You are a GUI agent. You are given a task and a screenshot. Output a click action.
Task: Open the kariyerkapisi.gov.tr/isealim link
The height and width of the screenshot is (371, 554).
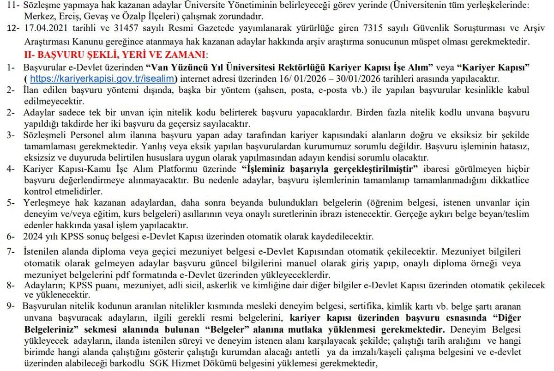pyautogui.click(x=104, y=78)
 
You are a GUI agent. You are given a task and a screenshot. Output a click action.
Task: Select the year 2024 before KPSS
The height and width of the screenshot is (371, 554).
pyautogui.click(x=32, y=237)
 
